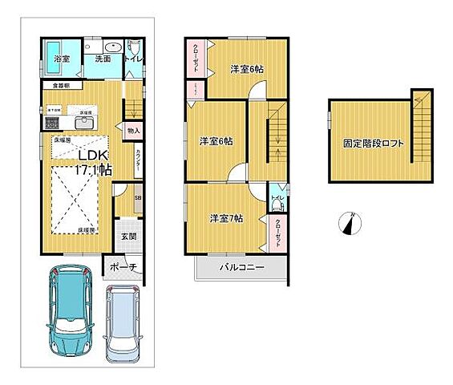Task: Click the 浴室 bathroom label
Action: pos(63,59)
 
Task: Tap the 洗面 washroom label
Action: pos(103,59)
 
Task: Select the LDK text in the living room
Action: pos(92,156)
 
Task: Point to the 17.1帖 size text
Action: pos(94,170)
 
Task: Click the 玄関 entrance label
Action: pos(128,237)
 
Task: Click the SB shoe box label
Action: pos(137,198)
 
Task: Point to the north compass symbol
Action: pos(350,224)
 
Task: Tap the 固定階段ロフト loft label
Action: pos(372,144)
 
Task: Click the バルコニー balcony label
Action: pos(238,268)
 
